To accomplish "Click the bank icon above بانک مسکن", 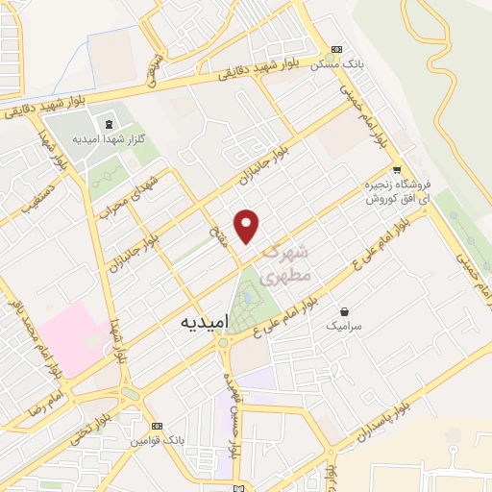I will (x=335, y=50).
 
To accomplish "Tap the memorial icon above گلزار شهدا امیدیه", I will (x=108, y=124).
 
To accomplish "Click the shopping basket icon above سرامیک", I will (x=345, y=311).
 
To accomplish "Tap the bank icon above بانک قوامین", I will (x=158, y=426).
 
